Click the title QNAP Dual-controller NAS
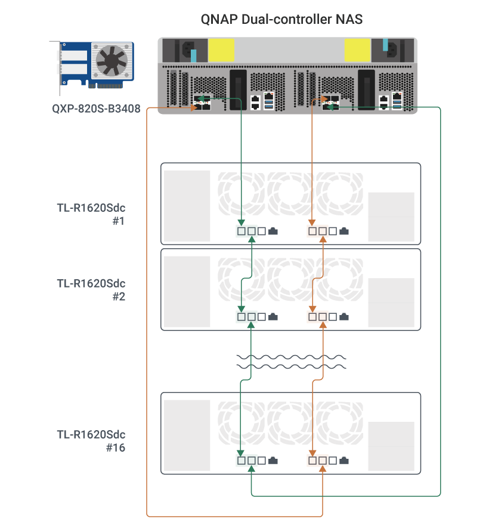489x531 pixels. click(281, 19)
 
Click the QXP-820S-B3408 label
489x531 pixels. click(95, 109)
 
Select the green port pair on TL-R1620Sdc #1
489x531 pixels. click(246, 230)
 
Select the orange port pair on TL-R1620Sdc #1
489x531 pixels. click(317, 230)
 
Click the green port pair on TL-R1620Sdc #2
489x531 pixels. click(246, 316)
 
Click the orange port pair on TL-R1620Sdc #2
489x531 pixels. click(317, 316)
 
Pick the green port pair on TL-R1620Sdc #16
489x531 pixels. click(246, 460)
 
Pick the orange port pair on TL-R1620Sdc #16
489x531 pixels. click(317, 460)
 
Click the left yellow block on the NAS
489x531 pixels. click(221, 50)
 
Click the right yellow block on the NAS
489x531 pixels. click(357, 50)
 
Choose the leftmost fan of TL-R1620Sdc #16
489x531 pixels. click(241, 425)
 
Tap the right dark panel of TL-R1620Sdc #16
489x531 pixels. click(391, 446)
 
